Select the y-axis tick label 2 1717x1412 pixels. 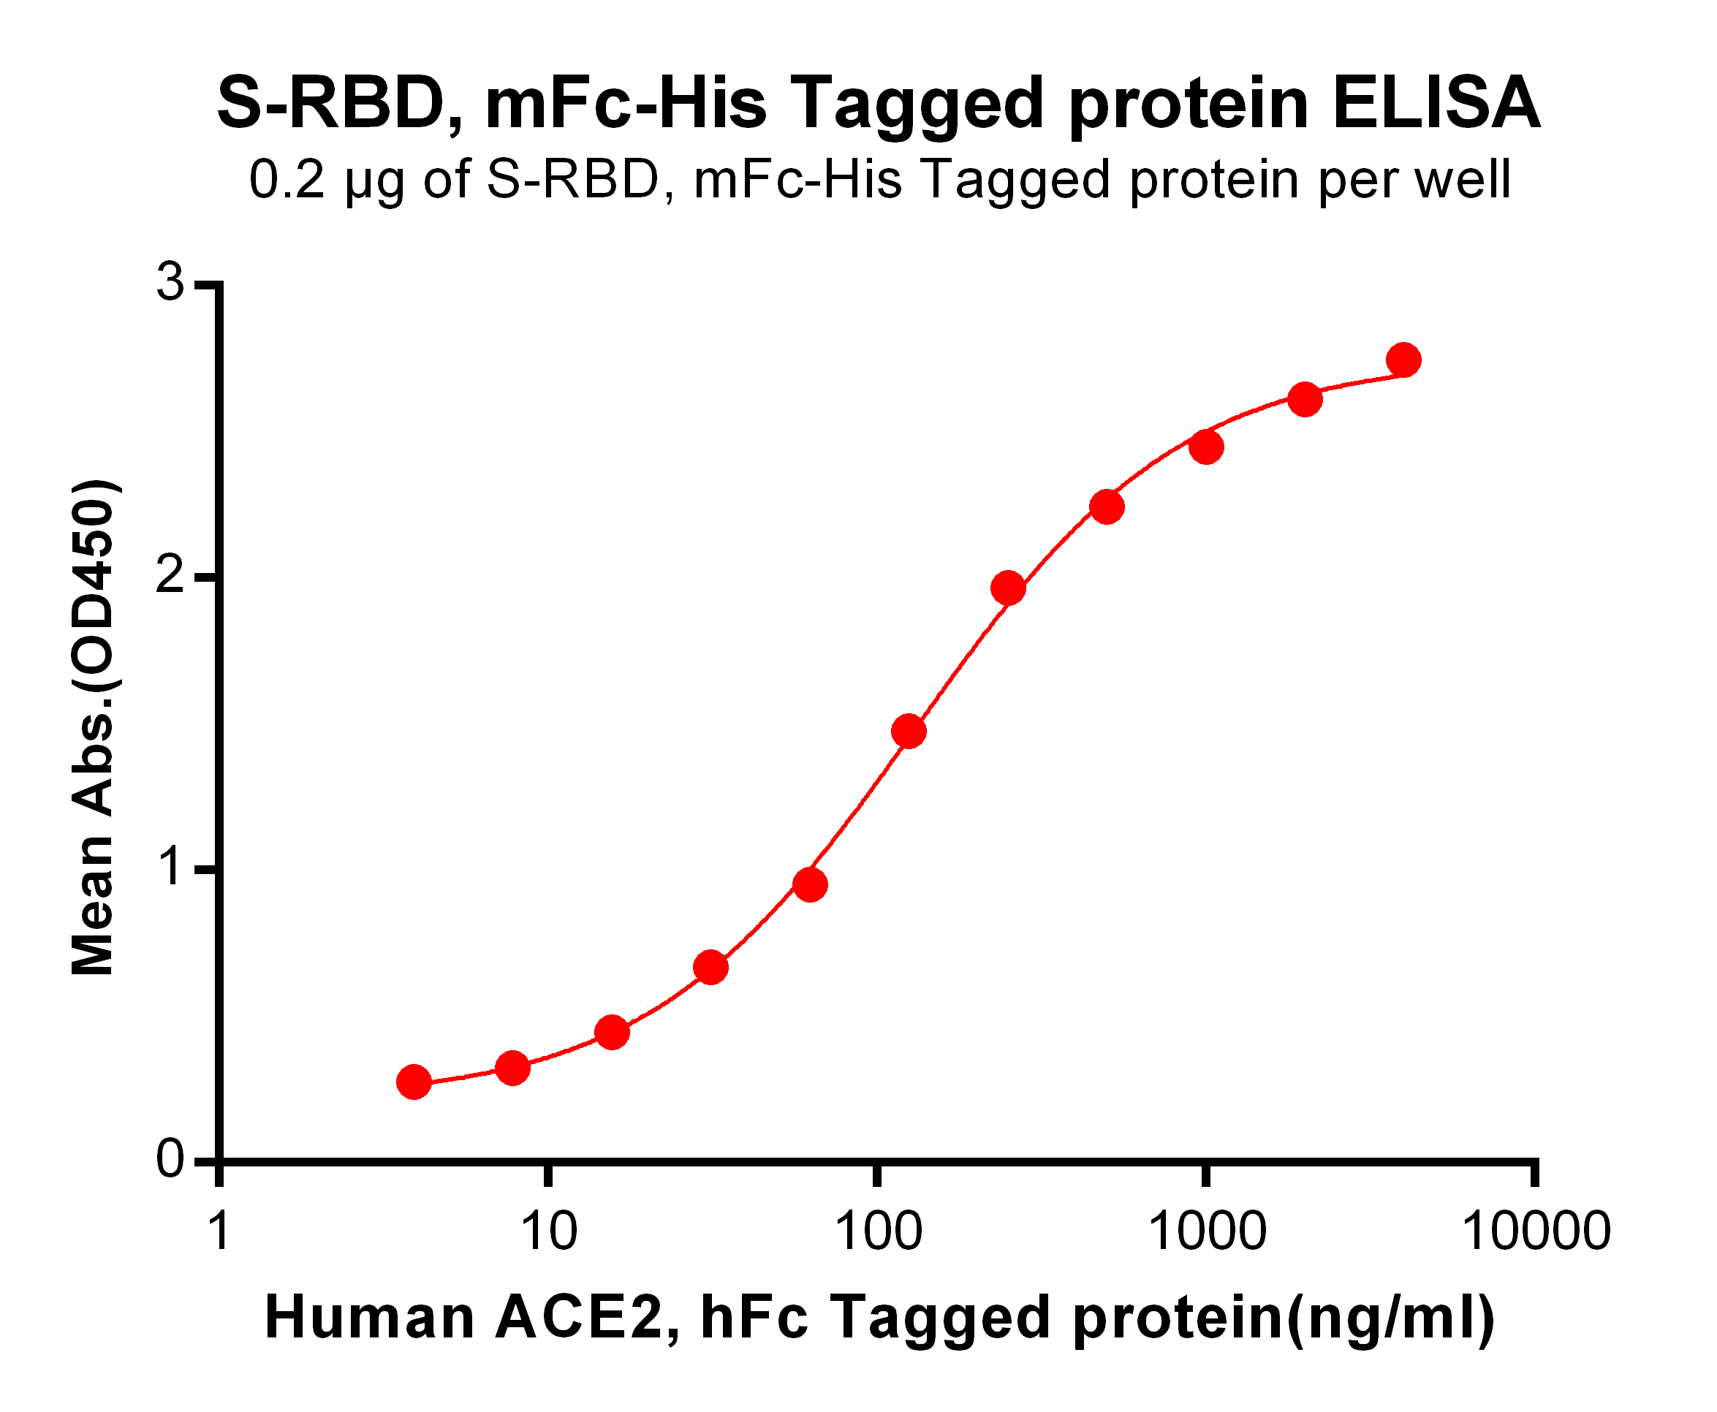[x=171, y=577]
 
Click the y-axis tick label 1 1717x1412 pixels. [x=171, y=868]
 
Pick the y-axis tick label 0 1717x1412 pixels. [x=171, y=1159]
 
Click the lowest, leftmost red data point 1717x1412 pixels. [x=414, y=1082]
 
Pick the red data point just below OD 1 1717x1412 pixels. [x=810, y=885]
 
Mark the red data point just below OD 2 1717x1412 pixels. [x=1009, y=588]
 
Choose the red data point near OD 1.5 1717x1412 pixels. [x=909, y=731]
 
